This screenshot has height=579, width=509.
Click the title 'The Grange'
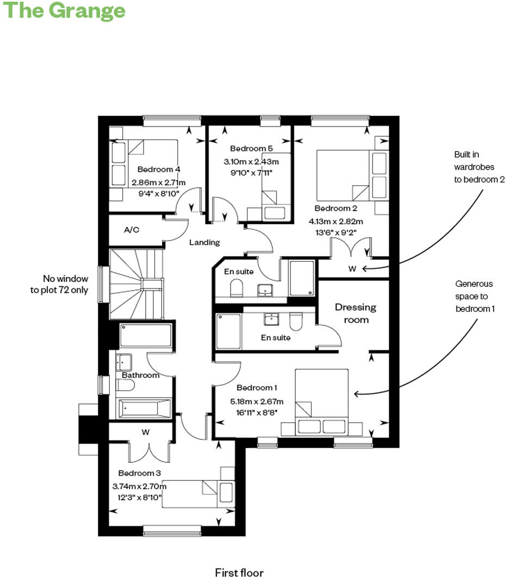[64, 10]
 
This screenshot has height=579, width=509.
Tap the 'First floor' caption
[239, 572]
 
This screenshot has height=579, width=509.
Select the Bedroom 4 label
[159, 169]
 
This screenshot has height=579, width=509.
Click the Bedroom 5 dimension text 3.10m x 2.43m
[251, 161]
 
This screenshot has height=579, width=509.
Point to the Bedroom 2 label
[336, 209]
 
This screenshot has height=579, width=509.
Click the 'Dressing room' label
[355, 313]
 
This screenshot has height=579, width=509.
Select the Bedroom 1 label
[257, 388]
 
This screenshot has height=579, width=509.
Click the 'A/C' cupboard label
[132, 230]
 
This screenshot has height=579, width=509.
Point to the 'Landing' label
[204, 242]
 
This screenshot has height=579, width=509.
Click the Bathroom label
[140, 375]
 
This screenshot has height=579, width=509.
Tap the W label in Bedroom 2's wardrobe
[352, 268]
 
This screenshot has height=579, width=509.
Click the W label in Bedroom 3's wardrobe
[145, 432]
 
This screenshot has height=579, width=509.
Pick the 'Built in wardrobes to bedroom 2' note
[479, 167]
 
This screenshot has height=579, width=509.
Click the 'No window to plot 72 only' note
[59, 285]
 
